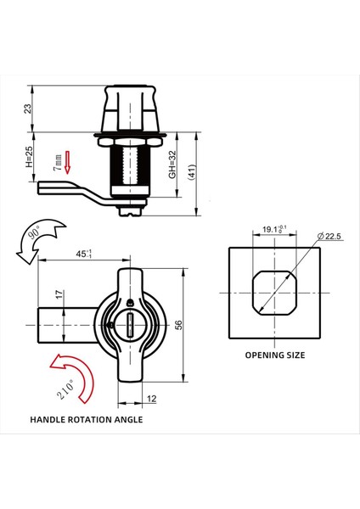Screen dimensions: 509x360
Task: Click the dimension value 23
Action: click(28, 108)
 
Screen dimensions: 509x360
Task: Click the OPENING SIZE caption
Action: click(274, 355)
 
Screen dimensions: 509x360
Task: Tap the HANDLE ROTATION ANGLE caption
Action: click(86, 419)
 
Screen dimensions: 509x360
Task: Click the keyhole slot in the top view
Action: click(136, 322)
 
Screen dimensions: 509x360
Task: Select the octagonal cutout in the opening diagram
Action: click(273, 293)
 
